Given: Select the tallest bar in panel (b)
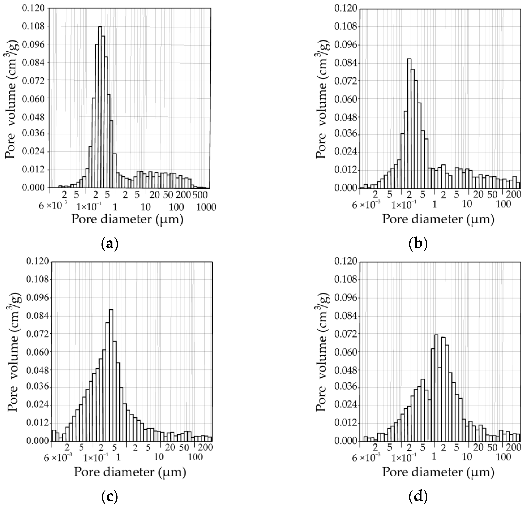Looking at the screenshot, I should coord(409,124).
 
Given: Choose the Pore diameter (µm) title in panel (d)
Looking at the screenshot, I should coord(438,472).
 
